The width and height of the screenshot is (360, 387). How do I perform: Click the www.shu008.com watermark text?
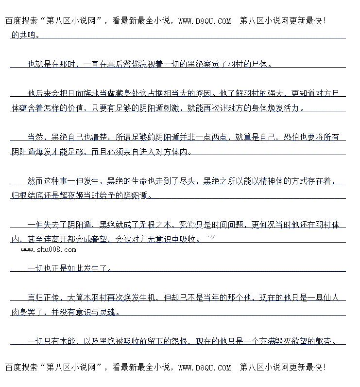(49, 250)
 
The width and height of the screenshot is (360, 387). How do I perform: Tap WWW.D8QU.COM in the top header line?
(205, 21)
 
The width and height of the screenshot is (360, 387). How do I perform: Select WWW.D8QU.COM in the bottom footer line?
(205, 368)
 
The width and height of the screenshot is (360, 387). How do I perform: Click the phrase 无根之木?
(156, 225)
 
